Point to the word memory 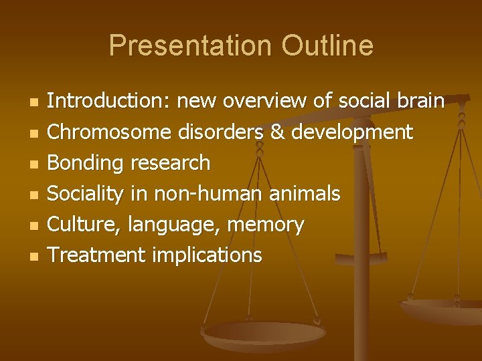[x=266, y=225]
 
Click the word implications [x=207, y=255]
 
